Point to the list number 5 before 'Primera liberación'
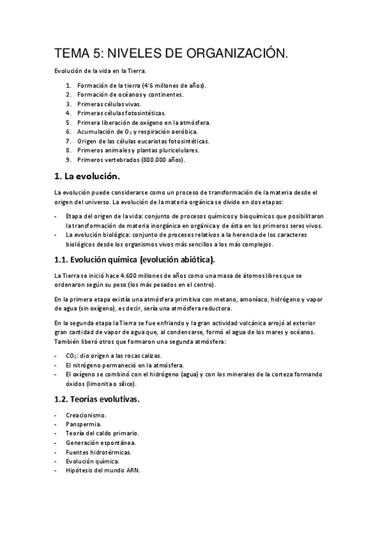coord(68,121)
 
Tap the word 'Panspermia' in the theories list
coord(82,423)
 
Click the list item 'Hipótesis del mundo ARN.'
coord(103,470)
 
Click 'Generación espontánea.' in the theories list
coord(100,442)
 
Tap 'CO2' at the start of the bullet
coord(72,356)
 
